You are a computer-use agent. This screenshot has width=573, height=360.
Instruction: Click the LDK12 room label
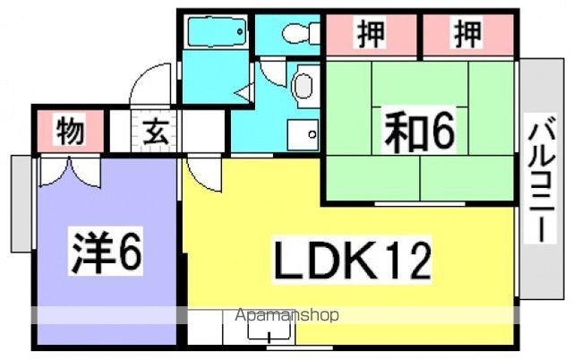(353, 261)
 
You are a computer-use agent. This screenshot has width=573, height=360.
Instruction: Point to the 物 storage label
(70, 130)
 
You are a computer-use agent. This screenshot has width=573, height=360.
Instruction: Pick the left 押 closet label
(372, 34)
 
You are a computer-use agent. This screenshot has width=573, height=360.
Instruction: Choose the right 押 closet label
(467, 34)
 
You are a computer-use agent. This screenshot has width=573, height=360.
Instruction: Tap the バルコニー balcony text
(541, 179)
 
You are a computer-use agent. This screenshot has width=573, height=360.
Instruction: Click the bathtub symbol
(217, 32)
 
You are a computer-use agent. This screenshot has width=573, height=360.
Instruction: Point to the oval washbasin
(303, 86)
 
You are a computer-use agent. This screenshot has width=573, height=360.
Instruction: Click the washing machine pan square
(303, 135)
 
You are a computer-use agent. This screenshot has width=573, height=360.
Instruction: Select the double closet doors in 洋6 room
(70, 171)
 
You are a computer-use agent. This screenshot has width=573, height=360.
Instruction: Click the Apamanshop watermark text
(286, 315)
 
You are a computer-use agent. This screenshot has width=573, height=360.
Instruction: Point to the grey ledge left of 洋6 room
(21, 203)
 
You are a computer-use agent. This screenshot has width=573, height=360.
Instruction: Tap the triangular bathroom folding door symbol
(245, 92)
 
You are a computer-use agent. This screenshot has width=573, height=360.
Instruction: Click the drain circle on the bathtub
(240, 32)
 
